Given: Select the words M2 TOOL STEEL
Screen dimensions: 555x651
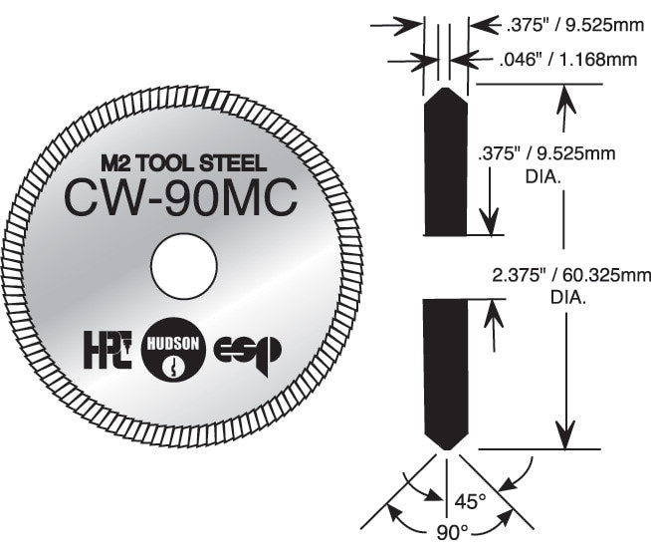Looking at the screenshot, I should pos(182,161).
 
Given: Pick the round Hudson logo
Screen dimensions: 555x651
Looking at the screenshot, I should pos(175,352).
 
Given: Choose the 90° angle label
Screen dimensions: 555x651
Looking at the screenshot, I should pos(445,532).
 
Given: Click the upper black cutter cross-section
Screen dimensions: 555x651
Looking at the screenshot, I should pos(445,164).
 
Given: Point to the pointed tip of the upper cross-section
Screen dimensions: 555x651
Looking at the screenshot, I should pos(445,88).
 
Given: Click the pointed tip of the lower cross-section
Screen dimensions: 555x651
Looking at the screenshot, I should pos(445,448).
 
